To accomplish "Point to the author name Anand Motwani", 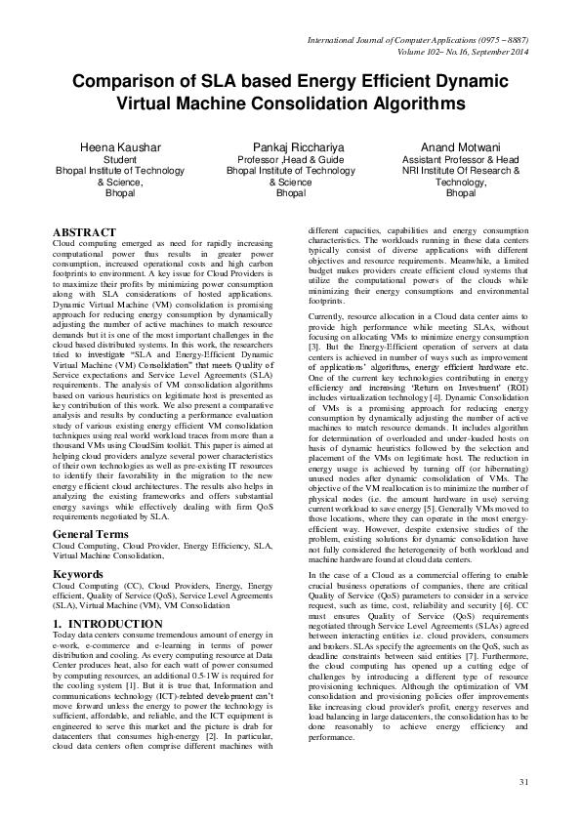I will coord(460,146).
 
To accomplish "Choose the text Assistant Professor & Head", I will coord(460,159).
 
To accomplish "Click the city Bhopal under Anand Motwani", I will coord(460,193).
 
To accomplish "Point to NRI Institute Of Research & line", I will coord(460,170).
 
